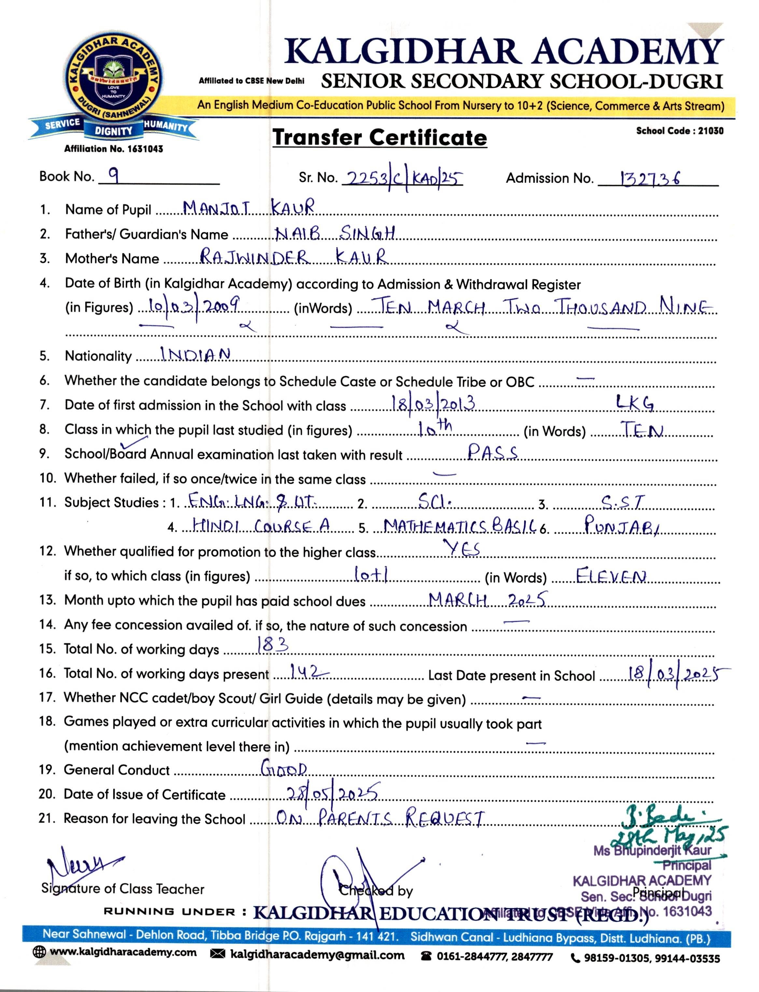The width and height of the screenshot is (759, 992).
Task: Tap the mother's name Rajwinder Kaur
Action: pyautogui.click(x=294, y=257)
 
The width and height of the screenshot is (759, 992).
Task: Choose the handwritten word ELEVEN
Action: pyautogui.click(x=611, y=576)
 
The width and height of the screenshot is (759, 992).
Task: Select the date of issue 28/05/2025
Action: pyautogui.click(x=332, y=793)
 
